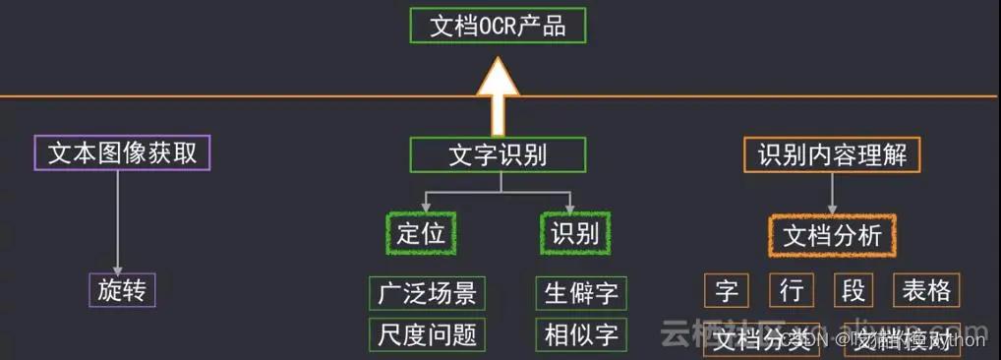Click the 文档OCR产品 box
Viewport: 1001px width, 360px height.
coord(498,25)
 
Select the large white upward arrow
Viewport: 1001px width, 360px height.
coord(498,93)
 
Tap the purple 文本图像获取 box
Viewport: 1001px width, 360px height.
coord(123,153)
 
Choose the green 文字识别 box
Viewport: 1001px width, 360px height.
coord(498,154)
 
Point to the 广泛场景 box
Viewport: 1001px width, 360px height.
coord(427,292)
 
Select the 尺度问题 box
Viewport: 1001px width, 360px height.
coord(427,334)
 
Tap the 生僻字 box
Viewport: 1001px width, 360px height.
coord(581,292)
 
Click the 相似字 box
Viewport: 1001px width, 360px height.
coord(581,334)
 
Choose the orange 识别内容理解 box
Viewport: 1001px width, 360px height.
coord(832,154)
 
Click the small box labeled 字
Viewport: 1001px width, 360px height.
coord(727,290)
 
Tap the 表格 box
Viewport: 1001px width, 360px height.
coord(925,290)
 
